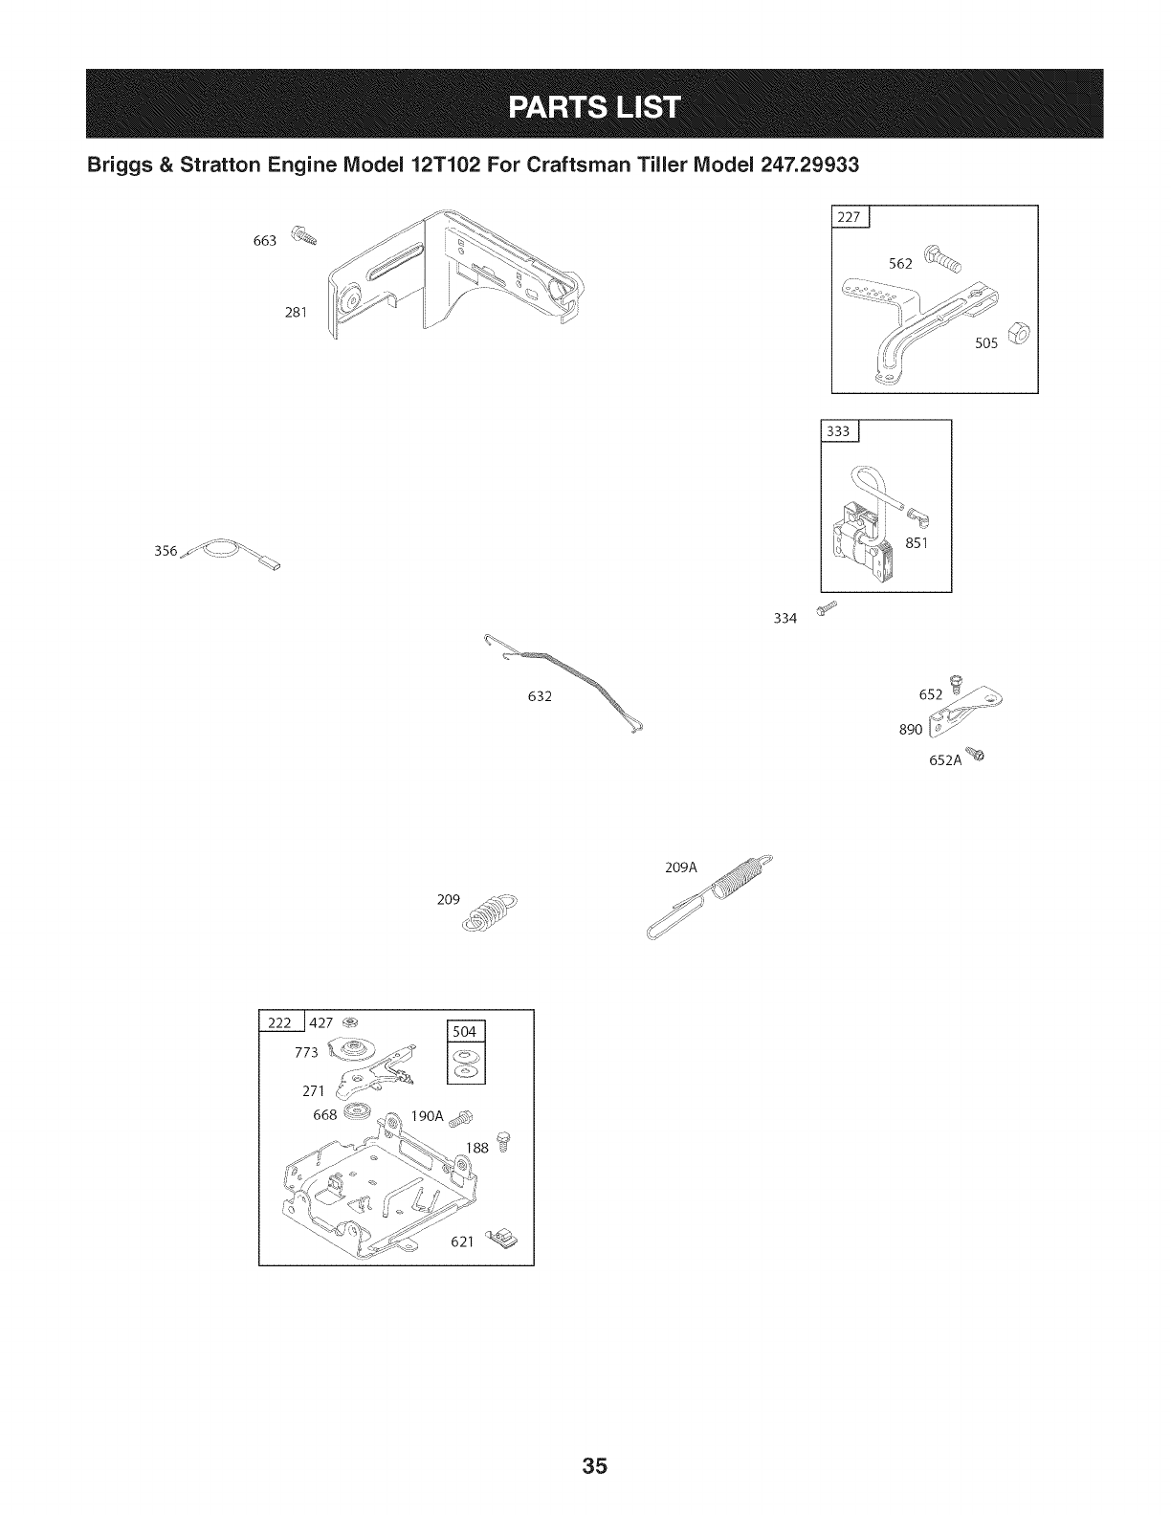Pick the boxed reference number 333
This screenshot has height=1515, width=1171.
pos(838,431)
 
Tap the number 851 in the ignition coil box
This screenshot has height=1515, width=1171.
pos(918,544)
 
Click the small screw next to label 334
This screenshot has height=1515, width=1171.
pos(827,609)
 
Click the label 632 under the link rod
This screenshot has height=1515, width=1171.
pos(540,696)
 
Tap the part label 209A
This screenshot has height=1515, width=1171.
pos(681,868)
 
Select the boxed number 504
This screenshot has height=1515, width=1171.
pos(468,1032)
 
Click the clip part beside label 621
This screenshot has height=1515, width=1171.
pos(500,1241)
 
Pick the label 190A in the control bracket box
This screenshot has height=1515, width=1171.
pos(428,1116)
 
